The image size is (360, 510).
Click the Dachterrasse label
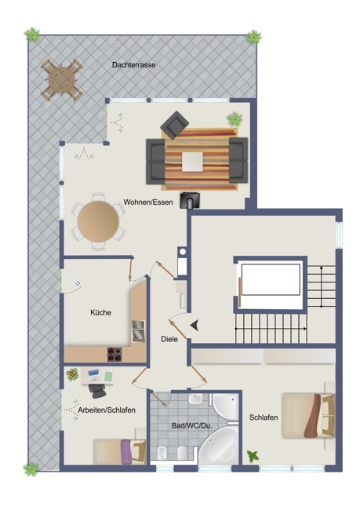(133, 64)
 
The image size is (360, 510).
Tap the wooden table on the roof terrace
(61, 80)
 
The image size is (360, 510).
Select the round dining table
(98, 221)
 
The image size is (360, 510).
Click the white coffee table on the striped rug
(192, 162)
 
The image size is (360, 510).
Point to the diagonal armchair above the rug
(174, 125)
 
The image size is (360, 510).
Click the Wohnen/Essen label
(148, 202)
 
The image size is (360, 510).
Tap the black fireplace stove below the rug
(190, 200)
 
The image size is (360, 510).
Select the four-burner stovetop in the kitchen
(115, 354)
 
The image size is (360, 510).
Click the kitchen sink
(138, 331)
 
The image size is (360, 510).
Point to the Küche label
(101, 312)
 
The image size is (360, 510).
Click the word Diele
(169, 339)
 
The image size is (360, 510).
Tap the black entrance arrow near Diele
(195, 326)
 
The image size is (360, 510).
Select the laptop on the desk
(93, 376)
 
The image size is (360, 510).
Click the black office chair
(97, 391)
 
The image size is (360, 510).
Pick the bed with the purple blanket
(119, 451)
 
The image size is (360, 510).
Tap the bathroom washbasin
(195, 399)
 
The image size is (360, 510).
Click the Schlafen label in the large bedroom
(264, 417)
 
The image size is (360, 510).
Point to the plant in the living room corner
(235, 119)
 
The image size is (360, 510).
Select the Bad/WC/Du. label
(192, 426)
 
